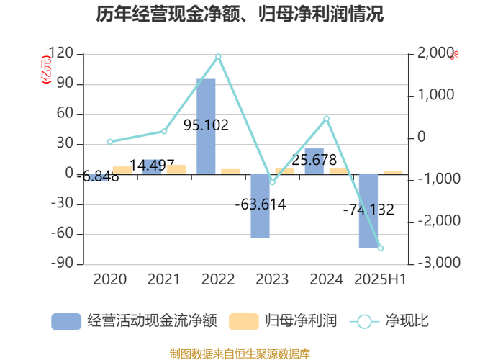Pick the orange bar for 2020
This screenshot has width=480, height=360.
(122, 168)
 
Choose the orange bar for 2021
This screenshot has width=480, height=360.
(176, 168)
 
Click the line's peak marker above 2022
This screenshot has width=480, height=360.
(218, 56)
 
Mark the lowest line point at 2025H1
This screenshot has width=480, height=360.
(381, 248)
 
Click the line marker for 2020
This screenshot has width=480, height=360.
(110, 141)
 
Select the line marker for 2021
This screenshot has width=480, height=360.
(164, 132)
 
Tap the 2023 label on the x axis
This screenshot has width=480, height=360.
(272, 279)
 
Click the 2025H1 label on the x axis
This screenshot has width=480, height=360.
(381, 279)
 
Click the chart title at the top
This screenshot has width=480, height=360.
(240, 14)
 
